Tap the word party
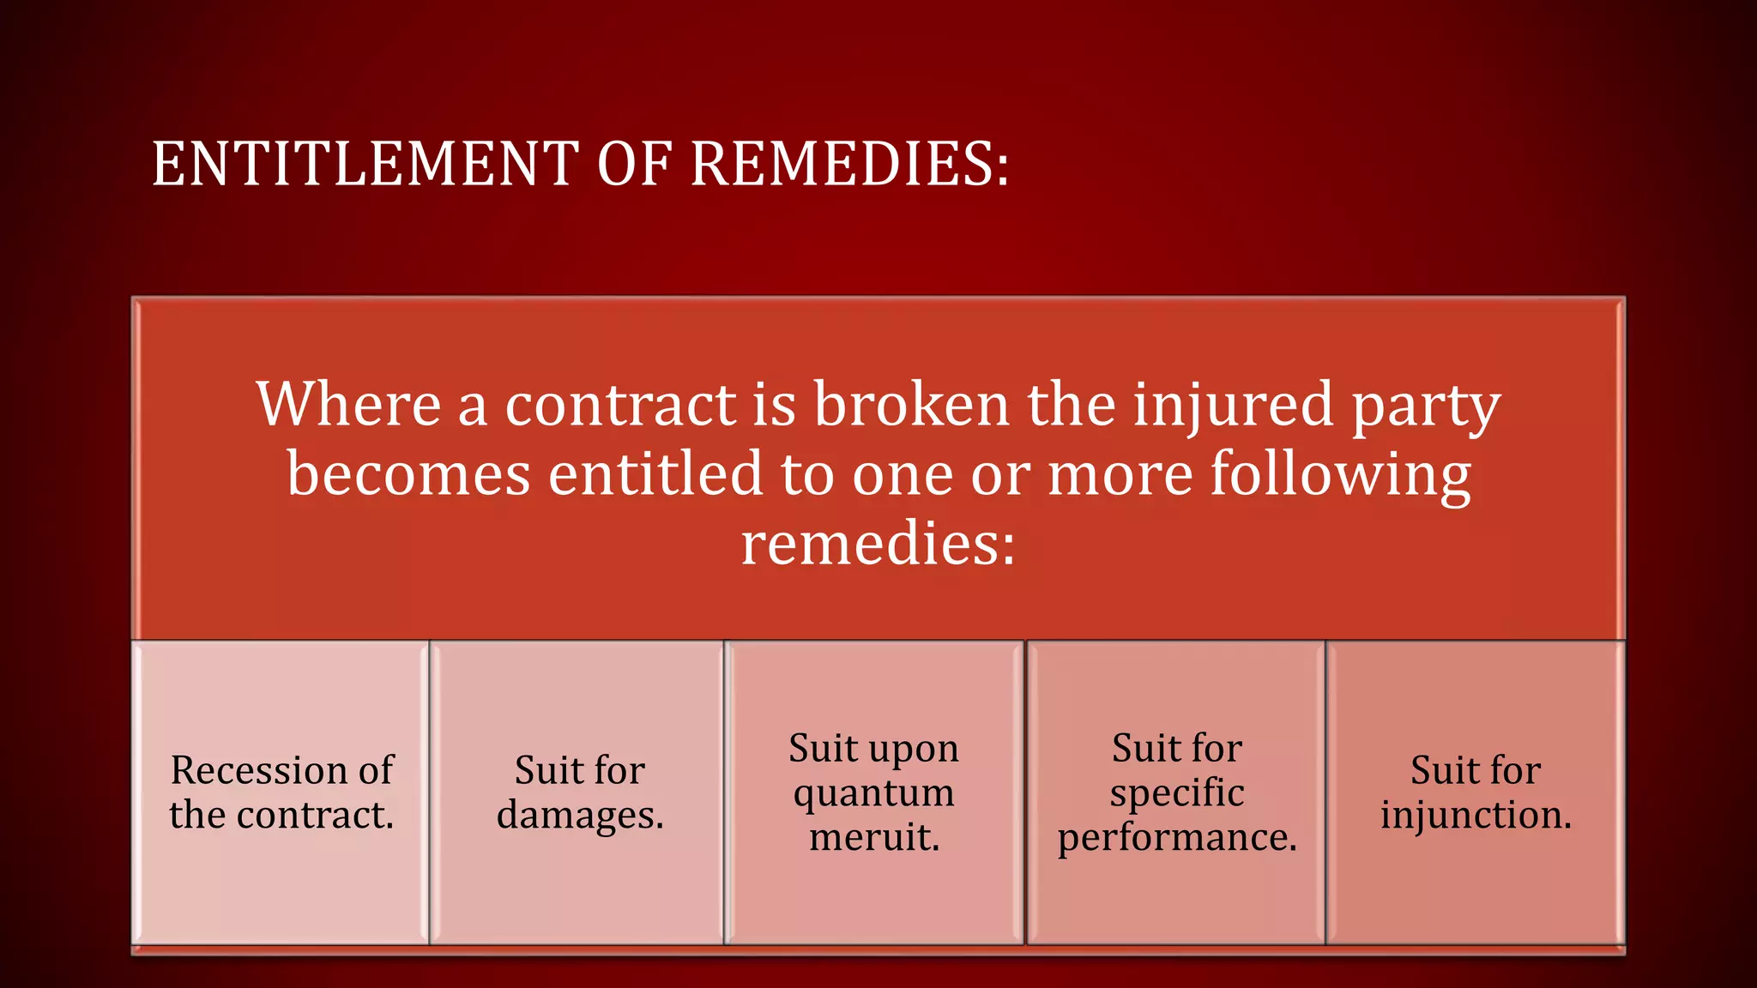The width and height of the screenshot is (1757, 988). click(1426, 407)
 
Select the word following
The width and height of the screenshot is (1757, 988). click(1340, 474)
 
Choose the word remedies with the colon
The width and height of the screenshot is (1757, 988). click(878, 544)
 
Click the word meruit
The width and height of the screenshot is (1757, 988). click(874, 837)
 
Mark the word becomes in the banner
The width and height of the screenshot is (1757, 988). click(408, 473)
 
